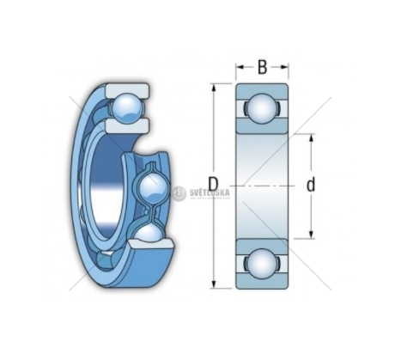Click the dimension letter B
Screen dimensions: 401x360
[262, 67]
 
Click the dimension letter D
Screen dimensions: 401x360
[213, 184]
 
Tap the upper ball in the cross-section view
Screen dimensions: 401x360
[262, 108]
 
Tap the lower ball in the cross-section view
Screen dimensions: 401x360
[262, 263]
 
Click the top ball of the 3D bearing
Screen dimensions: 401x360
[127, 108]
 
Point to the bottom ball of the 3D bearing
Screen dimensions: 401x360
[149, 234]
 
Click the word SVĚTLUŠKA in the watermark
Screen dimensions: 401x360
[210, 192]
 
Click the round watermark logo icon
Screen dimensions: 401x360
[179, 193]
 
